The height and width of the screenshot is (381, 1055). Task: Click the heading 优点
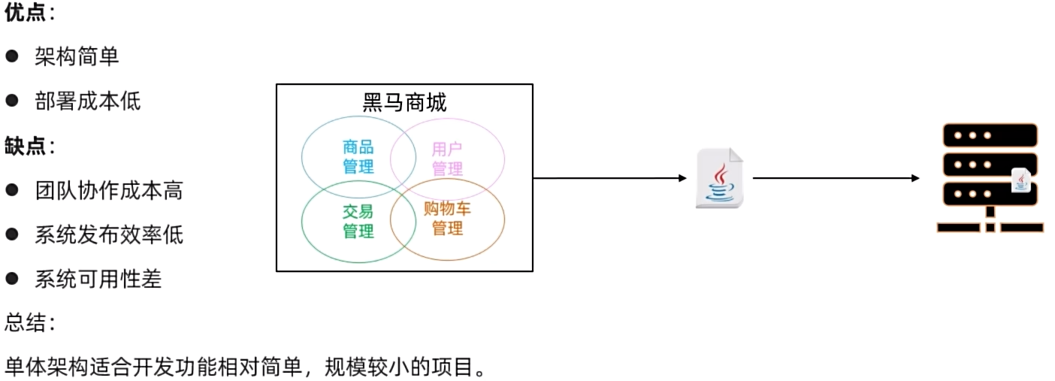(25, 13)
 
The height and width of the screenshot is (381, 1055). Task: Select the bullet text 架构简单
(77, 56)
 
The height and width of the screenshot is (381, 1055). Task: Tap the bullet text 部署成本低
(87, 101)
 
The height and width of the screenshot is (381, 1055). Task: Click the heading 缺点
(25, 146)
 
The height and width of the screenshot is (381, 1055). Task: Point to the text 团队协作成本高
(108, 190)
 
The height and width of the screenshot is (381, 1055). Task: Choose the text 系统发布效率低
(108, 235)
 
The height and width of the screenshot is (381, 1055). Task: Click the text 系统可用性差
(98, 280)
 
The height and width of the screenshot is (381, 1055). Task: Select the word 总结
(26, 324)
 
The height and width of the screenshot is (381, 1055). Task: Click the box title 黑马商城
(404, 103)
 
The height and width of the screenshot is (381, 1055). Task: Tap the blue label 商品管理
(358, 156)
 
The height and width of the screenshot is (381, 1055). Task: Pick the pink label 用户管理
(447, 159)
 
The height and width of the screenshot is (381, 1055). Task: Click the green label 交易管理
(358, 221)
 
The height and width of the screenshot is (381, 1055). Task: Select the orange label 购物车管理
(447, 218)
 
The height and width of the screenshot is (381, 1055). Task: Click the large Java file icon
(720, 179)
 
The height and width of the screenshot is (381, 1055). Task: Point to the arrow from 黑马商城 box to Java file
(609, 178)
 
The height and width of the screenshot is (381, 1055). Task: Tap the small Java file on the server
(1020, 180)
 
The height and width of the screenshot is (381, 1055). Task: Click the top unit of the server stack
(989, 135)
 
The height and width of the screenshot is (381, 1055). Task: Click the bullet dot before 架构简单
(11, 56)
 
